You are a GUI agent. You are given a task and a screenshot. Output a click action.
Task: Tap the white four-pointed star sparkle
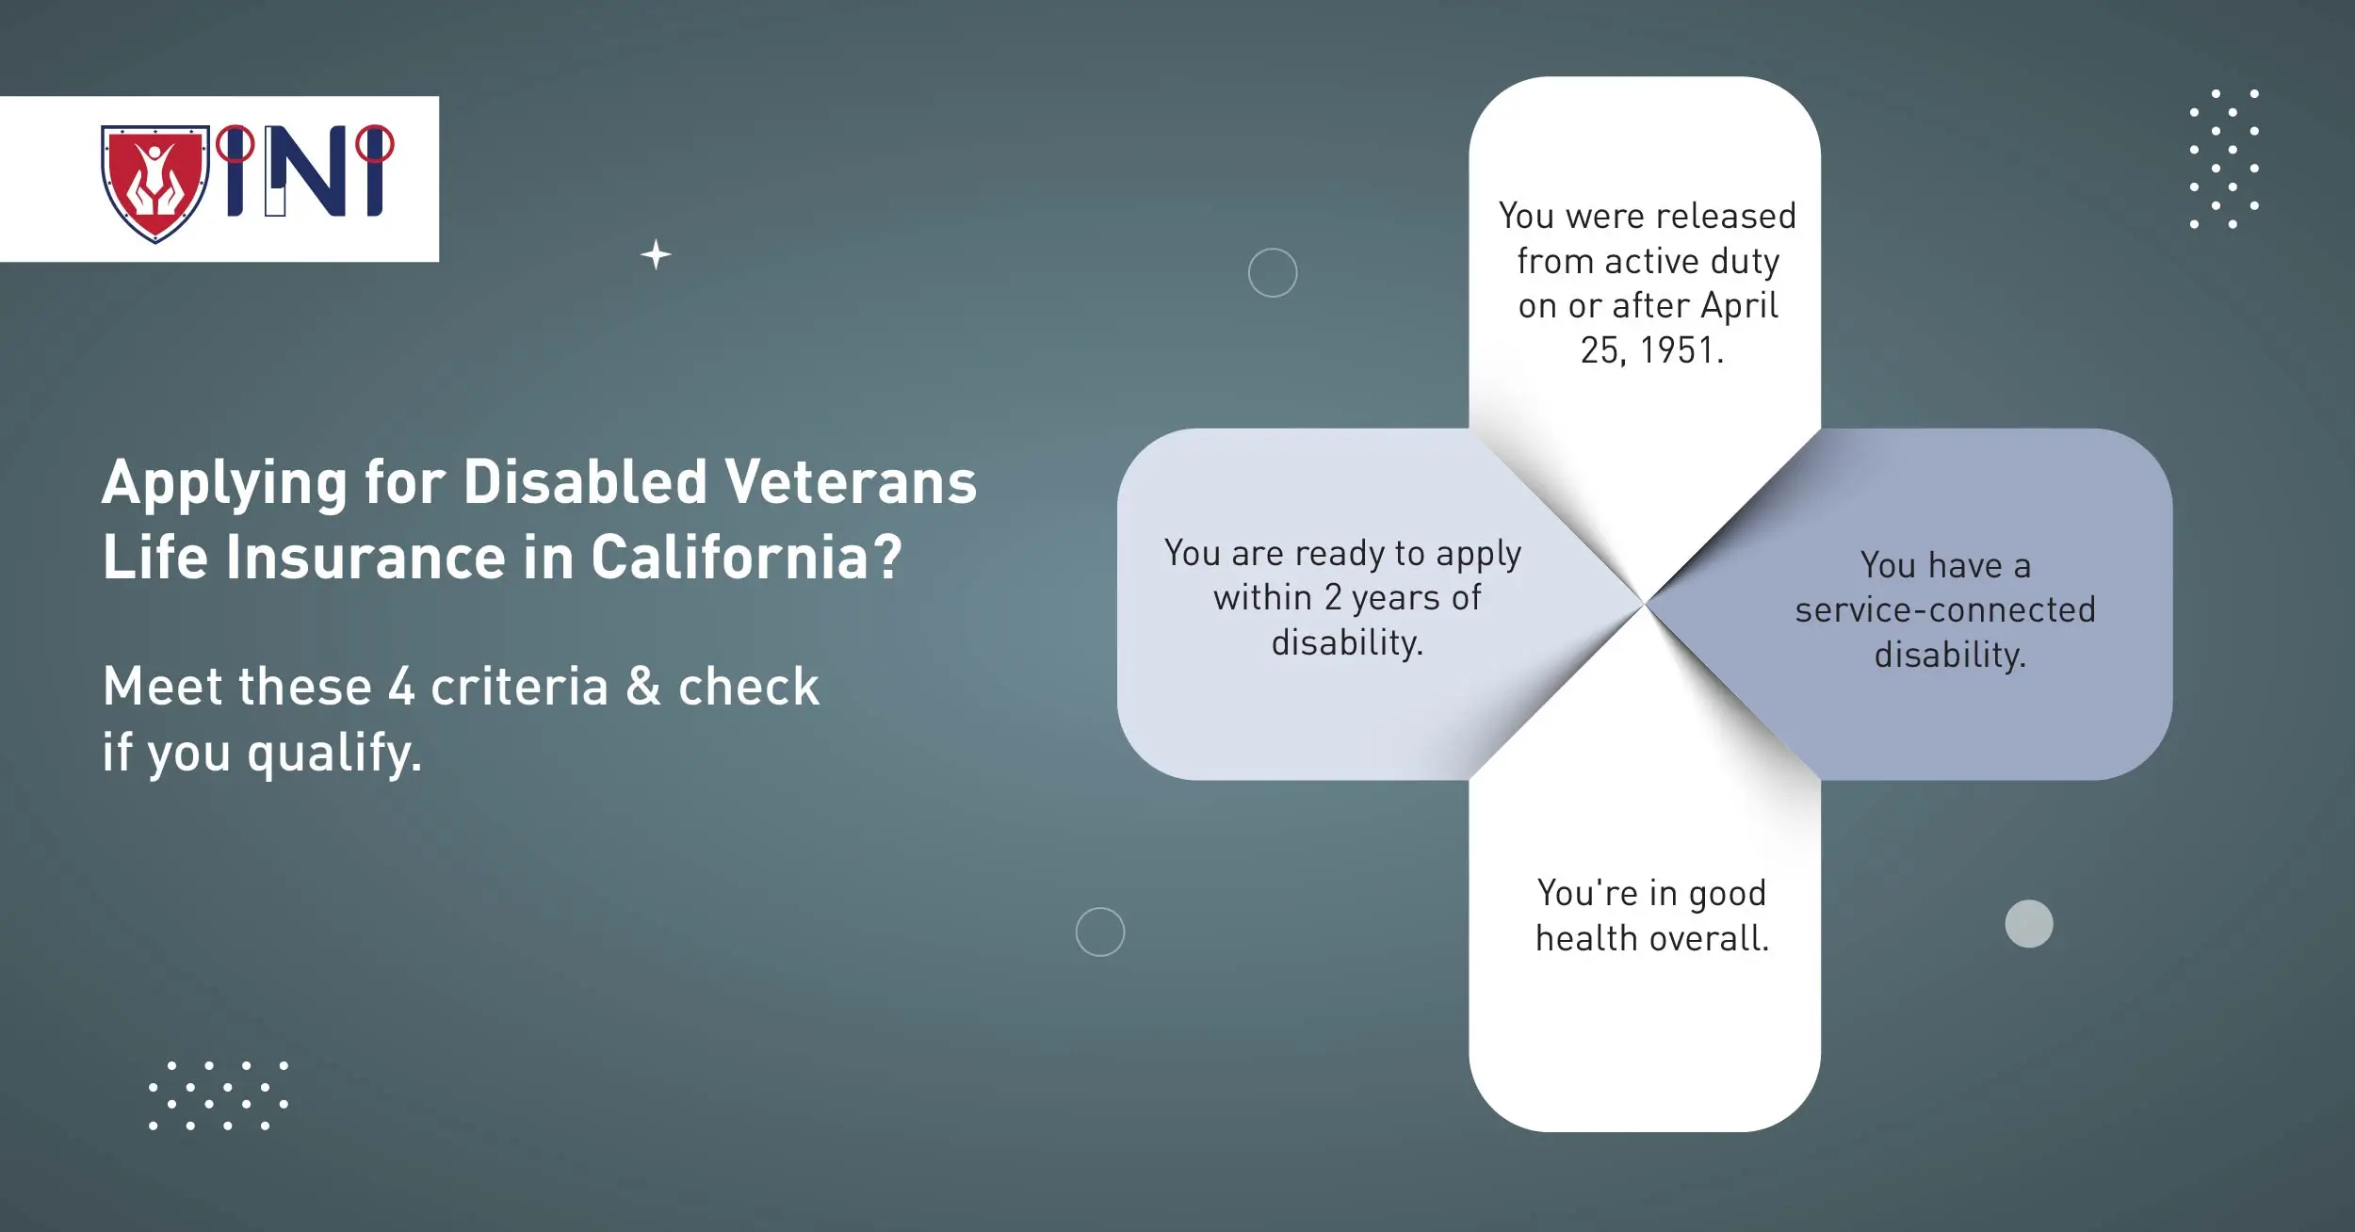tap(656, 255)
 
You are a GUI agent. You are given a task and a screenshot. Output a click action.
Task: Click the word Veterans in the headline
tap(851, 482)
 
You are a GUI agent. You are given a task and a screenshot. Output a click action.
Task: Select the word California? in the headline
tap(746, 558)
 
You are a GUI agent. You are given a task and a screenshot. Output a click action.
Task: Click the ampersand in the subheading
tap(642, 686)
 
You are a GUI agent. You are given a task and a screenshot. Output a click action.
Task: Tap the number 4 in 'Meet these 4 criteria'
tap(401, 686)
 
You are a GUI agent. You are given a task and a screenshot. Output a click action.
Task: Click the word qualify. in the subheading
tap(334, 754)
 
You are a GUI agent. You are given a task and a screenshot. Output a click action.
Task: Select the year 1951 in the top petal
tap(1681, 350)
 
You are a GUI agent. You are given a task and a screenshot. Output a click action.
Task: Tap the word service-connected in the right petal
tap(1945, 610)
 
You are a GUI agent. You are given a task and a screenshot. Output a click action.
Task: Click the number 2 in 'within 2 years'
tap(1333, 597)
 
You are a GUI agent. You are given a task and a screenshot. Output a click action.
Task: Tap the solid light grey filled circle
tap(2029, 923)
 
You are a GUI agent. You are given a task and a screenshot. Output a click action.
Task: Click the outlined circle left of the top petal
tap(1273, 273)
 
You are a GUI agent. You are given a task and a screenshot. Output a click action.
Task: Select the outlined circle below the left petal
tap(1100, 932)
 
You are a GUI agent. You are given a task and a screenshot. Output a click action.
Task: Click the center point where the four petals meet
tap(1645, 604)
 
